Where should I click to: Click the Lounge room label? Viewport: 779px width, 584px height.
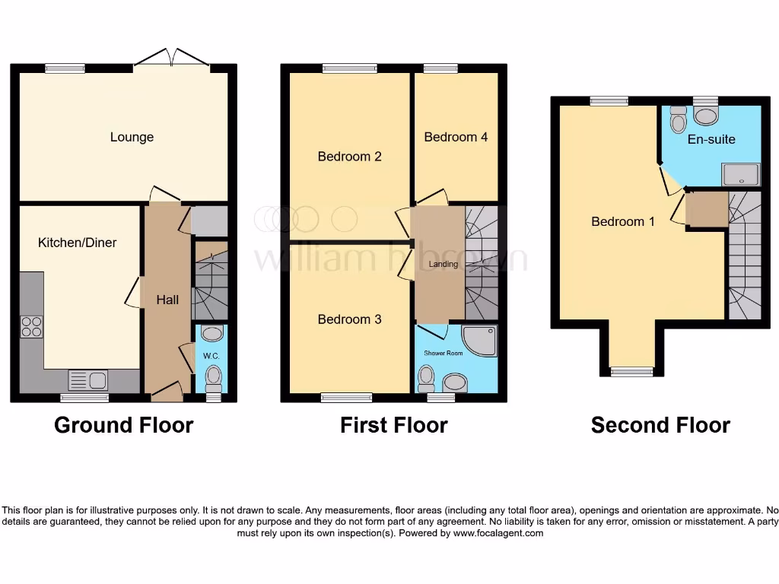[x=132, y=138]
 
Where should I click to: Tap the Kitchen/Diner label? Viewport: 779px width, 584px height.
[x=77, y=243]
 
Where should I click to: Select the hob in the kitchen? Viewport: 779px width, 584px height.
[x=31, y=327]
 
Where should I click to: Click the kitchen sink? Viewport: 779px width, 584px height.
[x=89, y=379]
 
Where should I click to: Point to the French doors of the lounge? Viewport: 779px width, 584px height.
[x=172, y=59]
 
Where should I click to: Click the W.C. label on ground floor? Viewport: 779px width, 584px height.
[x=211, y=355]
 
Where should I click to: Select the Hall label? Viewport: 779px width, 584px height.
[x=167, y=300]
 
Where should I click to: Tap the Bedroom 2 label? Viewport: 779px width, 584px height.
[x=349, y=157]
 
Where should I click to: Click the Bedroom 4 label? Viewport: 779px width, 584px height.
[x=456, y=138]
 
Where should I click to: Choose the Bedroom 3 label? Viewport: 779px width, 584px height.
[x=349, y=319]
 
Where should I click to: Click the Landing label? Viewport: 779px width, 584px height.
[x=443, y=265]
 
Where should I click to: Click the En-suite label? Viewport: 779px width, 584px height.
[x=711, y=139]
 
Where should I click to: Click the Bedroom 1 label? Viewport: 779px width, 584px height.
[x=623, y=222]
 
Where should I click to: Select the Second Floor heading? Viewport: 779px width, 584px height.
[x=660, y=425]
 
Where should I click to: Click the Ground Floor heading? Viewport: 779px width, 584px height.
[x=123, y=425]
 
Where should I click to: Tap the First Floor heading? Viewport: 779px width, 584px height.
[x=393, y=425]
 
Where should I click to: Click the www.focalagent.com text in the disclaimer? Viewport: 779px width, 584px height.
[x=499, y=534]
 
